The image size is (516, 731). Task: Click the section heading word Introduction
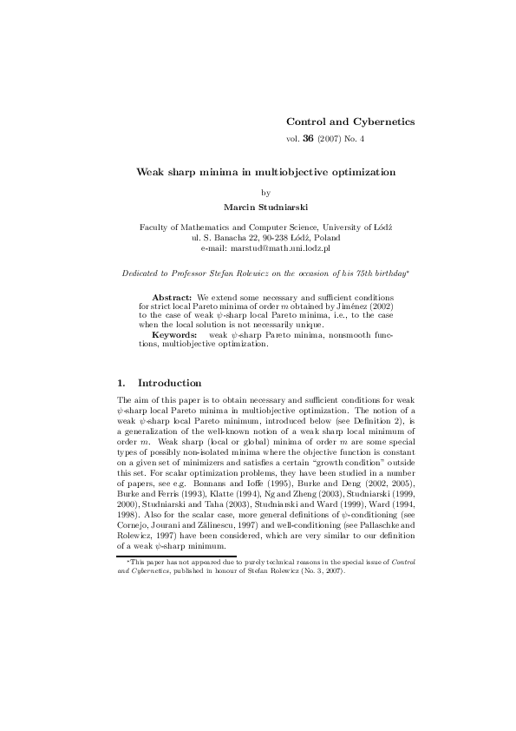tap(170, 383)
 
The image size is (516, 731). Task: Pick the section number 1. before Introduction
tap(121, 383)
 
